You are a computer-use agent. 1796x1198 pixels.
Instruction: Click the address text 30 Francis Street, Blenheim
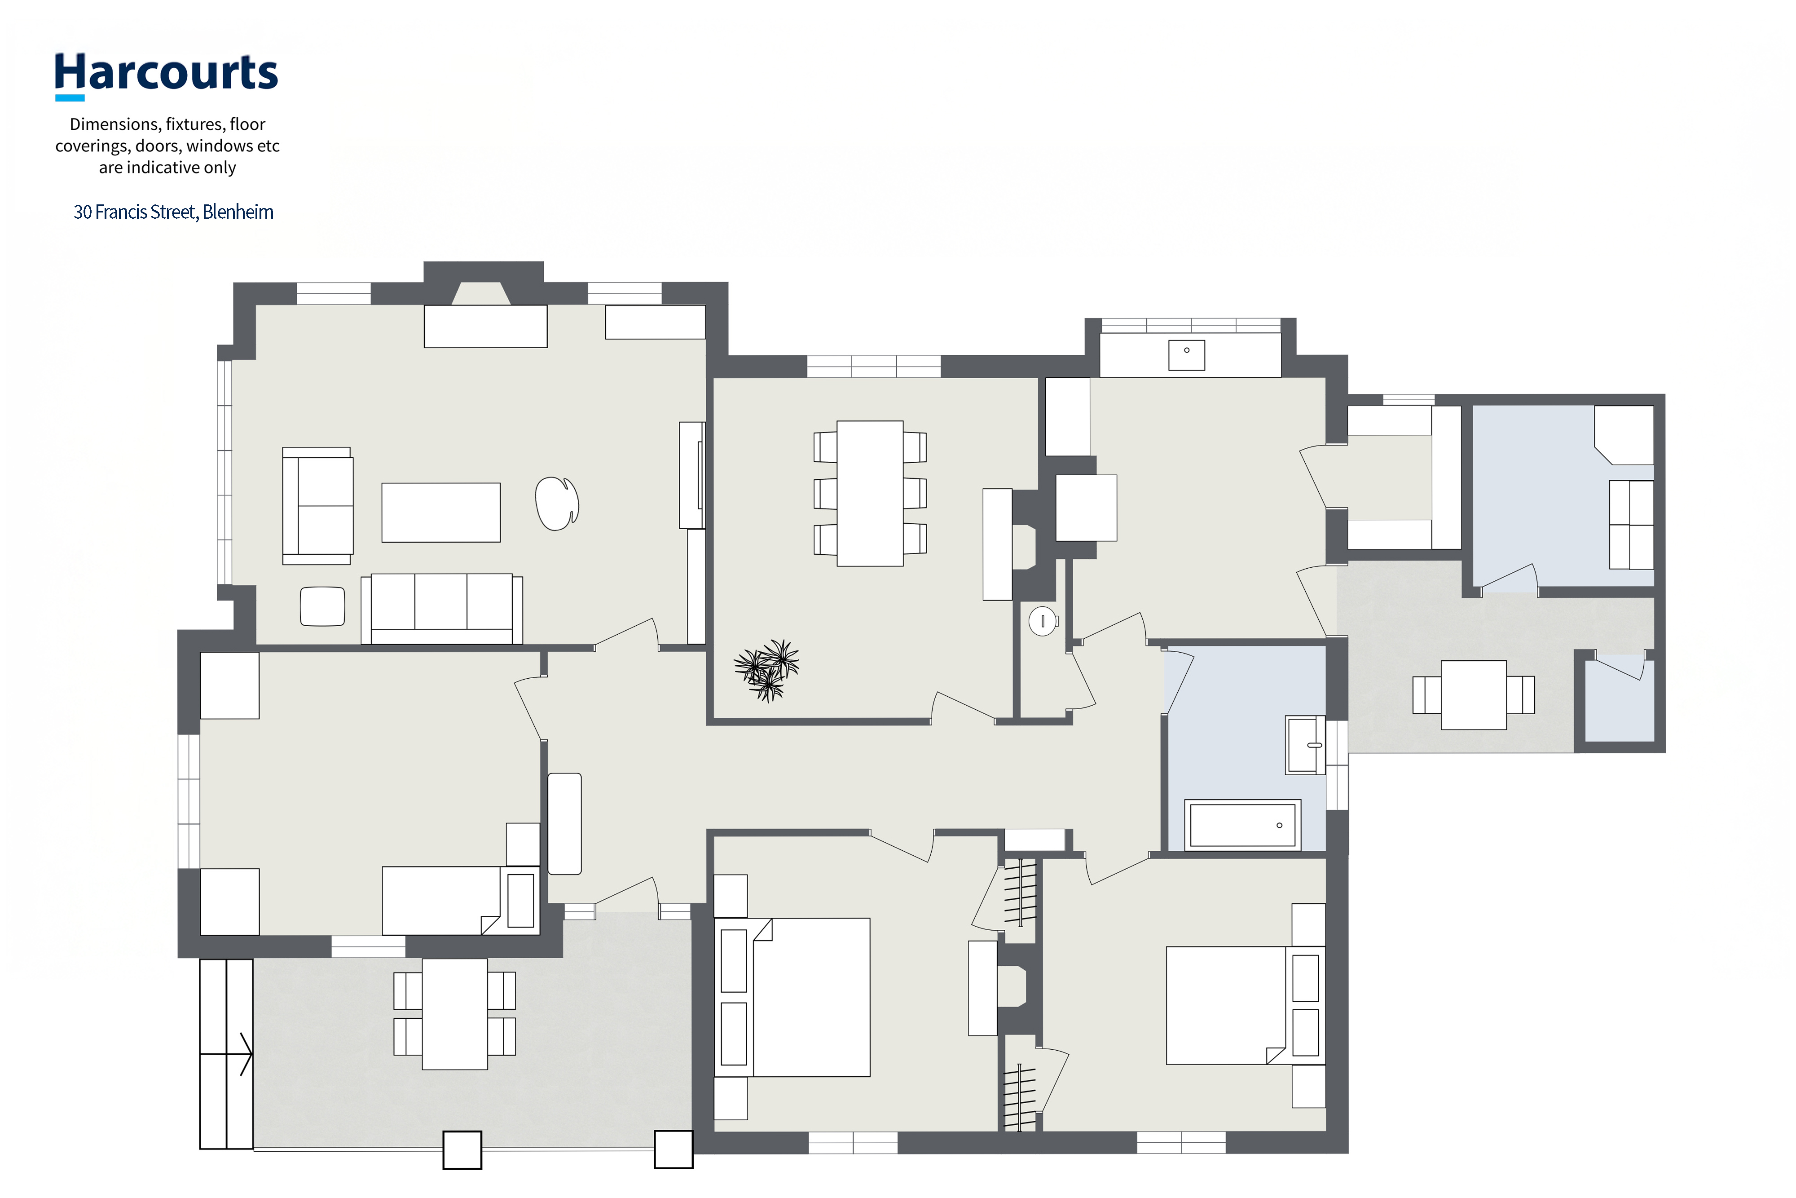[x=173, y=212]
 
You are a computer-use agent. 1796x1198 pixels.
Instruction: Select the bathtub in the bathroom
[x=1242, y=824]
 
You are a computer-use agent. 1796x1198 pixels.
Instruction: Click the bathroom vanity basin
[x=1305, y=745]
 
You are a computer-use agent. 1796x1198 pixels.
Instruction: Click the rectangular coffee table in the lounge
[x=440, y=513]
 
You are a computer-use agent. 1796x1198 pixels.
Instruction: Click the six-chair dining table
[x=870, y=494]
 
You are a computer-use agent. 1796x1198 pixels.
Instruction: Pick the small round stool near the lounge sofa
[x=322, y=607]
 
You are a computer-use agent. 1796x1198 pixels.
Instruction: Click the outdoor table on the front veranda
[x=454, y=1014]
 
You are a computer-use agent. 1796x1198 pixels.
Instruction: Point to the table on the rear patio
[x=1474, y=694]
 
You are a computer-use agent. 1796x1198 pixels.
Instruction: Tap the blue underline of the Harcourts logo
[x=70, y=98]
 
